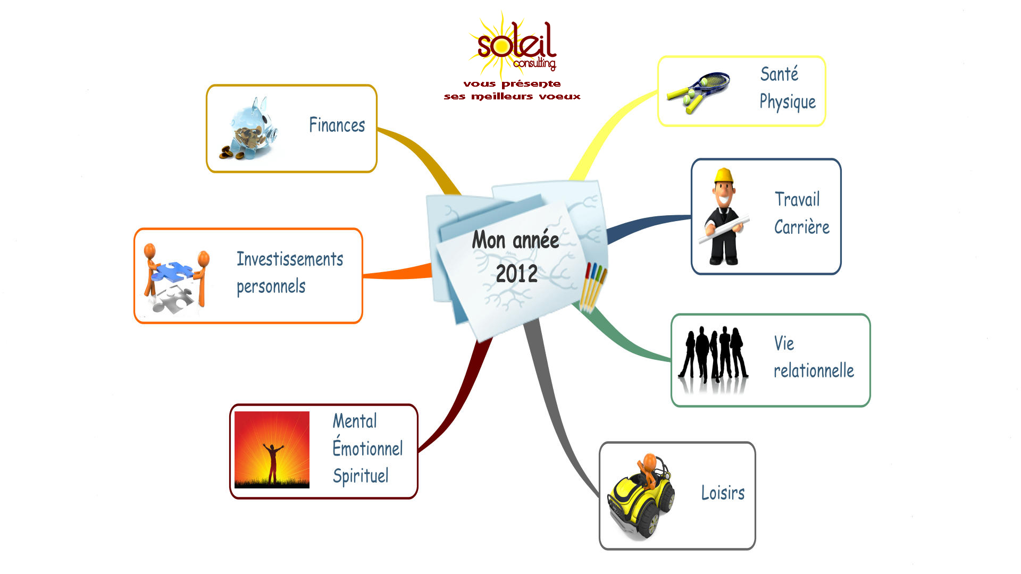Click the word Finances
(x=337, y=125)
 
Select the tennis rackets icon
(x=698, y=91)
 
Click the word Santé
(x=779, y=74)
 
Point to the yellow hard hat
(x=724, y=175)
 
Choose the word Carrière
(x=801, y=227)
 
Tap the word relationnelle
(x=814, y=371)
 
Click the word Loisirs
(x=723, y=493)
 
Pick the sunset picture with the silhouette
(x=272, y=450)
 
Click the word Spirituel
(x=361, y=476)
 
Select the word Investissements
(x=290, y=259)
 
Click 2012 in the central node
(x=516, y=274)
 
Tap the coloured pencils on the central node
(x=594, y=284)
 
